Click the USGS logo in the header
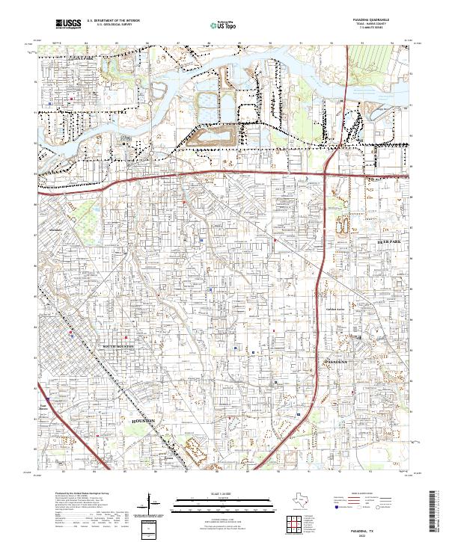[x=68, y=25]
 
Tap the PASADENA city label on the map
[x=336, y=361]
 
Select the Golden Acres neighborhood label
[x=335, y=308]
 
